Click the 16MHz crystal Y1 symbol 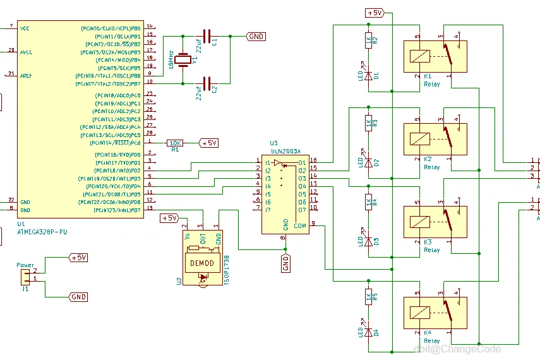click(x=183, y=60)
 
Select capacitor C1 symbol click(x=207, y=37)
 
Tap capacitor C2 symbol click(x=207, y=83)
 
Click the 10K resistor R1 click(x=175, y=143)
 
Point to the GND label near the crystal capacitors click(x=256, y=37)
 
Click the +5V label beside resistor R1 click(x=208, y=143)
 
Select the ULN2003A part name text click(x=286, y=152)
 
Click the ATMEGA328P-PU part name click(x=42, y=232)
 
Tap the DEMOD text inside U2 click(x=202, y=263)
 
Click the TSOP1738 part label click(x=227, y=271)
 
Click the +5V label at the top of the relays click(x=375, y=13)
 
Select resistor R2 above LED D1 click(x=368, y=41)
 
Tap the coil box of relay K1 click(x=418, y=56)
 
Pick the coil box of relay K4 click(x=418, y=312)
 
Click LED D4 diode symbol click(x=368, y=331)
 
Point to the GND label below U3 click(x=286, y=263)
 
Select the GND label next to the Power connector click(x=78, y=297)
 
